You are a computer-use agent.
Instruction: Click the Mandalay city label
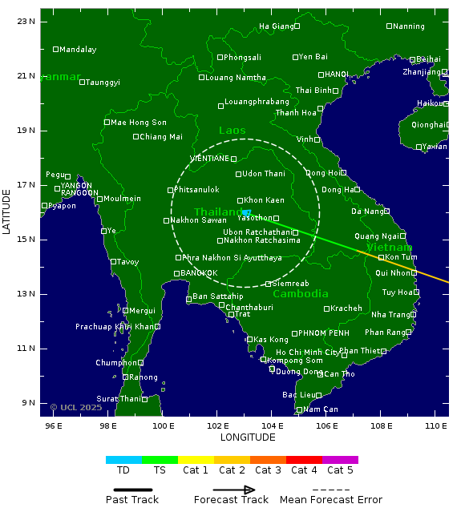click(x=78, y=50)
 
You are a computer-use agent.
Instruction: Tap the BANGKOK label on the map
click(x=199, y=273)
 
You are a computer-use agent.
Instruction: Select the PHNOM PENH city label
click(x=324, y=333)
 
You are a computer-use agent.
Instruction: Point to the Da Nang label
click(x=367, y=212)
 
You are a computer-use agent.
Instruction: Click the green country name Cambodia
click(x=300, y=294)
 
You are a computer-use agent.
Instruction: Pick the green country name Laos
click(x=232, y=131)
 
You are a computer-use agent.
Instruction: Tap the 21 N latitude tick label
click(x=26, y=76)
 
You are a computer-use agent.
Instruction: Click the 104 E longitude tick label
click(x=273, y=425)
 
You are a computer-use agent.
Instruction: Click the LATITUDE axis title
click(x=7, y=212)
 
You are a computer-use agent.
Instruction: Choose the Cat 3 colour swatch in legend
click(x=268, y=460)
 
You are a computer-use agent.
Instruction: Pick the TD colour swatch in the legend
click(x=123, y=460)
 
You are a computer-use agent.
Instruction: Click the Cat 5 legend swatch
click(x=340, y=460)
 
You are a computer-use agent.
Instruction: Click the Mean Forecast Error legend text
click(x=331, y=500)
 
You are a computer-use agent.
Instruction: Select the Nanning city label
click(x=409, y=26)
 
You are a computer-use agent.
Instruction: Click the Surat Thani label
click(x=119, y=399)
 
